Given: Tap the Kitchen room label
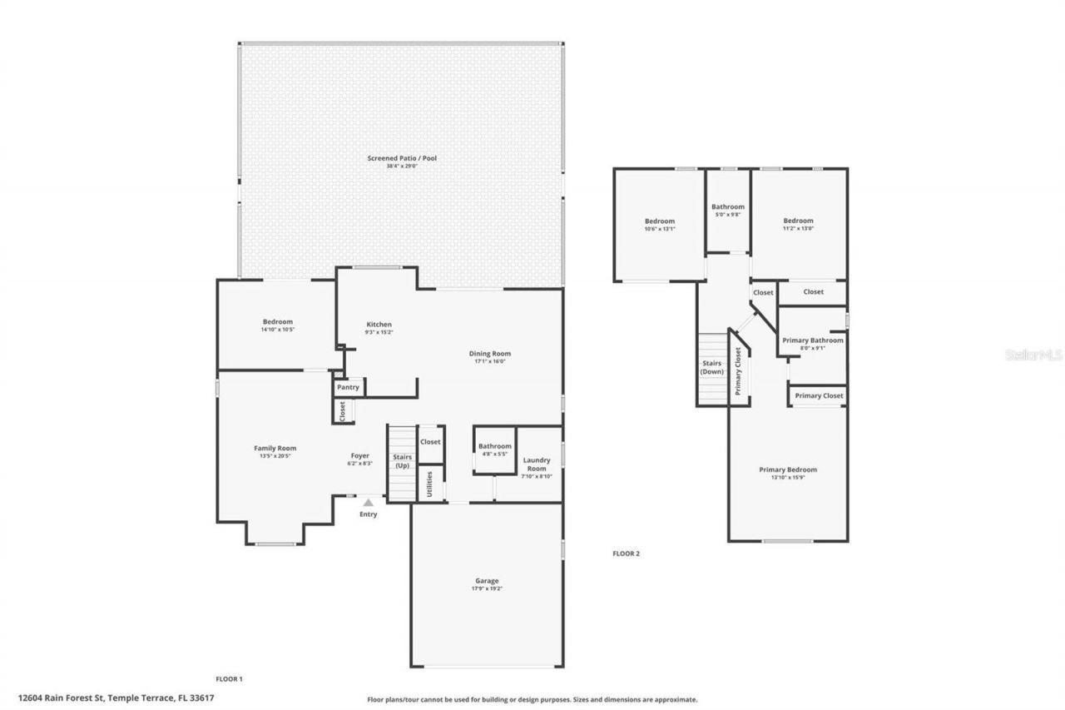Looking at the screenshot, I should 379,328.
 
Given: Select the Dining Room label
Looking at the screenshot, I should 489,357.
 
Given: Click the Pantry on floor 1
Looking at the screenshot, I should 348,387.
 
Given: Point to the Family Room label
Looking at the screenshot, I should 275,452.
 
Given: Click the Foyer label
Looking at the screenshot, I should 359,459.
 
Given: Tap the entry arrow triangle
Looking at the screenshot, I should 368,502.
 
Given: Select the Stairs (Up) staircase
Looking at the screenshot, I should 402,463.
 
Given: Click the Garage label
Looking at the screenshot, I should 487,584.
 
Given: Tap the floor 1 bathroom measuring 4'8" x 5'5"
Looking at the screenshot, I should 494,449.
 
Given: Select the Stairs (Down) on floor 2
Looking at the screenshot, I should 712,368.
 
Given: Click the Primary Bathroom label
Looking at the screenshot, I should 812,344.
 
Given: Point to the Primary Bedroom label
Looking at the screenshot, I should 788,473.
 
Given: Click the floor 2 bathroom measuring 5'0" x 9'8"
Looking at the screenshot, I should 727,211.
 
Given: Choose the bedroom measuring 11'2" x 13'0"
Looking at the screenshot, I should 798,224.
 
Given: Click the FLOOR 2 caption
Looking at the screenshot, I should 626,554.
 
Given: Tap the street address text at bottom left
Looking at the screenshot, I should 116,698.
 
